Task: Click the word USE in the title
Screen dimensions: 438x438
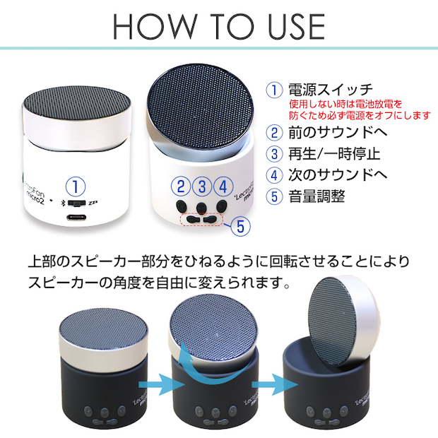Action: coord(296,26)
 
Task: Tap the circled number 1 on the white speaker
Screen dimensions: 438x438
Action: coord(76,187)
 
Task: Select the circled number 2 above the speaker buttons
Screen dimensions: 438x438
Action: coord(181,187)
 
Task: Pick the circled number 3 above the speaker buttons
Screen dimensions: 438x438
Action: coord(202,187)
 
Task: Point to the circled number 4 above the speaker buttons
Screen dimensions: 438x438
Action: coord(223,187)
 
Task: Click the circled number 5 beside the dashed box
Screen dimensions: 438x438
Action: coord(240,226)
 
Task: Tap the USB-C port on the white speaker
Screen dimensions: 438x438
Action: coord(77,217)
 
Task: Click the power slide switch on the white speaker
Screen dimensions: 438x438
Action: coord(76,203)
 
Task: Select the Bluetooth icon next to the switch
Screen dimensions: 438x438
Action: coord(63,203)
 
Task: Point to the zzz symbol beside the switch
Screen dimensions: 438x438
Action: coord(93,203)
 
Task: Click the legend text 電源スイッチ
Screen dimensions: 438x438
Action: coord(331,90)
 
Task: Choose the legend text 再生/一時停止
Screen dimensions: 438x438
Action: coord(334,154)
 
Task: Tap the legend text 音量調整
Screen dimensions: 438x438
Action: coord(316,196)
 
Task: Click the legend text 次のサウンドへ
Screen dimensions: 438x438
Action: coord(338,174)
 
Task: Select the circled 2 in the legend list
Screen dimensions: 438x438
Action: coord(274,132)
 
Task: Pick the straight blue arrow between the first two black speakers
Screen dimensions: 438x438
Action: coord(162,384)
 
